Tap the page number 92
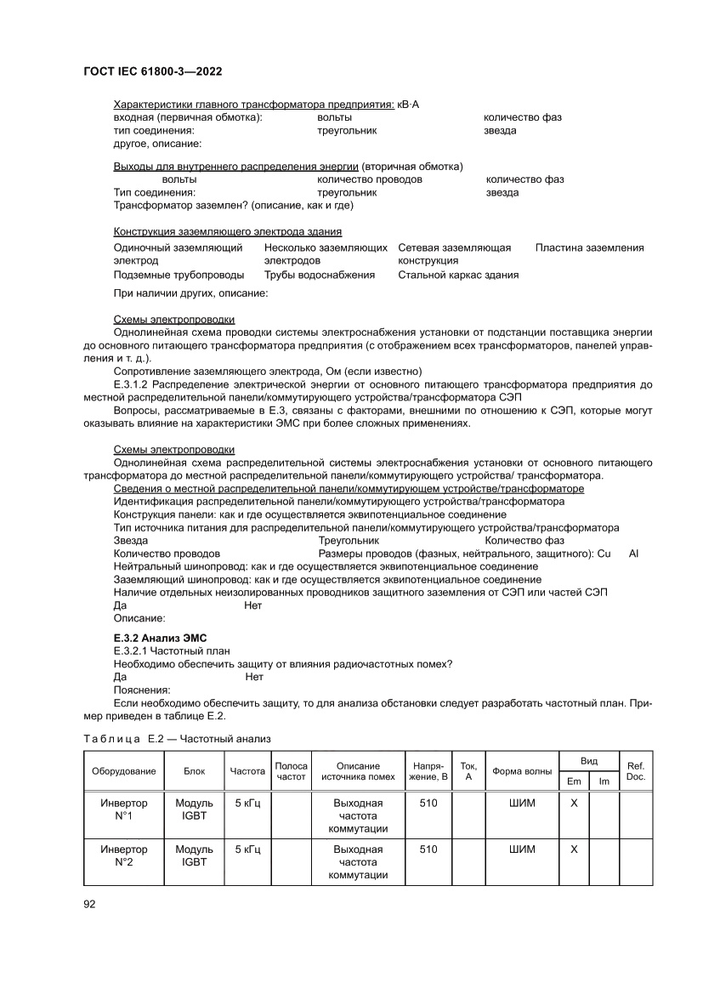pos(89,903)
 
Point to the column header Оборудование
pos(124,771)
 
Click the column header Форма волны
pos(521,771)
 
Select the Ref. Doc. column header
pos(635,770)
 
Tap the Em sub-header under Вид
pos(573,781)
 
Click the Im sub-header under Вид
pos(604,781)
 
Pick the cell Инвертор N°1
pos(124,809)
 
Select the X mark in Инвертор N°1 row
pos(573,803)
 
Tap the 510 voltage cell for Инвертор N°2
pos(428,849)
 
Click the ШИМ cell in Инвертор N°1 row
pos(521,803)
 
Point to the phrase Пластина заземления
pos(589,247)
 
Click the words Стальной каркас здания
pos(458,275)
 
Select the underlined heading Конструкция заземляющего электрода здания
pos(228,231)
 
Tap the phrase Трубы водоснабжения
pos(319,275)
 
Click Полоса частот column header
pos(292,771)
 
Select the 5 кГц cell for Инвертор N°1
pos(247,803)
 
